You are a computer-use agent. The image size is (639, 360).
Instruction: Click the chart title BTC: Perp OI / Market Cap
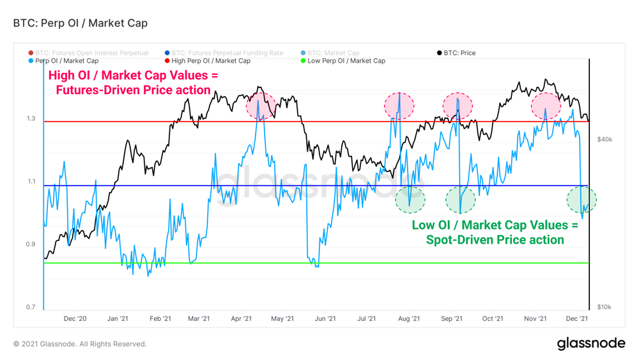tap(81, 24)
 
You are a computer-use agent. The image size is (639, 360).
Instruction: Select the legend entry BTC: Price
tap(458, 53)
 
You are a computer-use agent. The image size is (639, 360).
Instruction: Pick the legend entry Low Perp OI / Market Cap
tap(346, 61)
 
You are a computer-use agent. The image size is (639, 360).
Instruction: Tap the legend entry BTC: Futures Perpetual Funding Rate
tap(227, 53)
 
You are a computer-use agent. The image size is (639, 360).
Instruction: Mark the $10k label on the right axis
tap(604, 308)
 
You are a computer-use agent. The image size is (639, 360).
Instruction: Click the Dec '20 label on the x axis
tap(75, 318)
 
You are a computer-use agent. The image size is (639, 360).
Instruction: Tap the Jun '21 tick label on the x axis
tap(325, 318)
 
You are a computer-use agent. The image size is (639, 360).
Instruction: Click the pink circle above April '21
tap(261, 106)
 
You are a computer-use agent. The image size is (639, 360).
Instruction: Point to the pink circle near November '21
tap(546, 106)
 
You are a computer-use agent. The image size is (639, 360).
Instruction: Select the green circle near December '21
tap(581, 200)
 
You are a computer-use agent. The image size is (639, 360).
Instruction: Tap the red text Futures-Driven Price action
tap(133, 90)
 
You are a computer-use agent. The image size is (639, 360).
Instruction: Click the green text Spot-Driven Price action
tap(495, 240)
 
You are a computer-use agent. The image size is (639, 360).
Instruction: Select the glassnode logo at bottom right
tap(591, 343)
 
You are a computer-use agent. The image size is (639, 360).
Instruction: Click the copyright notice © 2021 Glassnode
tap(80, 344)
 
